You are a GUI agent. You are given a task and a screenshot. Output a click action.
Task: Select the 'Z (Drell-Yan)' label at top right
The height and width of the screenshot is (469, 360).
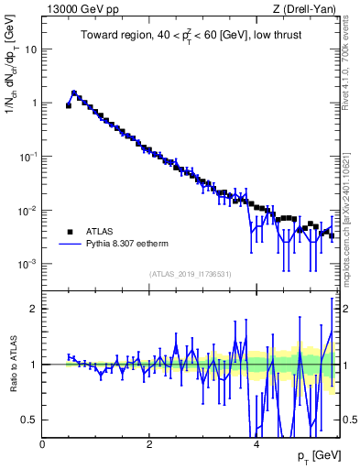(x=306, y=9)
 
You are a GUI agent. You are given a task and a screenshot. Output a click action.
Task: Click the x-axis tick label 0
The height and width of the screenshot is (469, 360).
(x=42, y=443)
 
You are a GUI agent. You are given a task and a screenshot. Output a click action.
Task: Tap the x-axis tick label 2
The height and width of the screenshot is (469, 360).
(x=149, y=443)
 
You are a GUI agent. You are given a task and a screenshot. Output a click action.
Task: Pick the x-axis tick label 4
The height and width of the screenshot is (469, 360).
(x=256, y=443)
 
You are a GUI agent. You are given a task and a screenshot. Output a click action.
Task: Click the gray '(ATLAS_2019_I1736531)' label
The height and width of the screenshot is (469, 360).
(x=190, y=274)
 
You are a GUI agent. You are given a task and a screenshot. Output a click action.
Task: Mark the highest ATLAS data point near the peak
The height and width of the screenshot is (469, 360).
(x=74, y=93)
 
